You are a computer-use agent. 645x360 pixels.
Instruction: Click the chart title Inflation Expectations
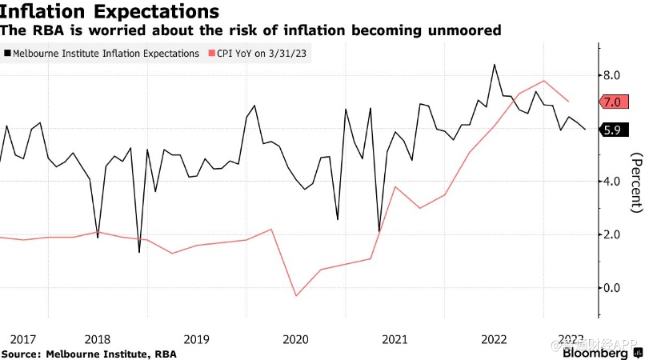[x=110, y=12]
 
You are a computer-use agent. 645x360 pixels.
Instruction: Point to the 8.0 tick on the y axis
[x=612, y=75]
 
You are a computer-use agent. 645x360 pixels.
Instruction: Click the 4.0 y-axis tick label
[x=612, y=182]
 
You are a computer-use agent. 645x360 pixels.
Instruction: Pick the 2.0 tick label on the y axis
[x=612, y=234]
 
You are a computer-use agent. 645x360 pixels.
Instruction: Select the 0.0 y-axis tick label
[x=612, y=288]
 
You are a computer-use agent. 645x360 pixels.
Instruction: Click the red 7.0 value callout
[x=613, y=102]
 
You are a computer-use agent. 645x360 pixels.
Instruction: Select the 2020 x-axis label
[x=296, y=339]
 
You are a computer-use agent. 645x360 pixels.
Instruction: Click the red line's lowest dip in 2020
[x=296, y=296]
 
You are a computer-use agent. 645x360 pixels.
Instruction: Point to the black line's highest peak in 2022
[x=495, y=65]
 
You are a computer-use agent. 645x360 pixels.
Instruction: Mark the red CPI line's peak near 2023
[x=544, y=80]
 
